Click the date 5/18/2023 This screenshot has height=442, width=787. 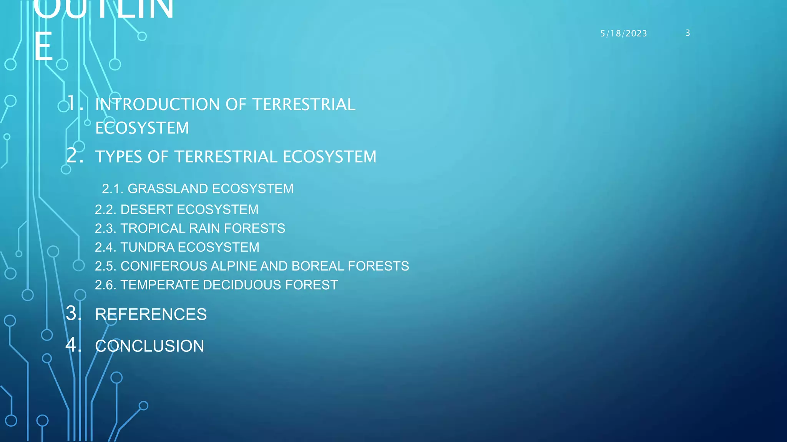click(623, 34)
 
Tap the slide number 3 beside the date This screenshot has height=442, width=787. click(687, 33)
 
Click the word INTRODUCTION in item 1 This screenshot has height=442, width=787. click(158, 104)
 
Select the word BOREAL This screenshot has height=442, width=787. click(318, 266)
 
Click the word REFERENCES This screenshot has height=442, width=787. click(151, 314)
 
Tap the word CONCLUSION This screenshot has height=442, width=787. click(149, 346)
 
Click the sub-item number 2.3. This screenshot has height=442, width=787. click(105, 229)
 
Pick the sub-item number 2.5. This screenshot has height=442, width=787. click(105, 266)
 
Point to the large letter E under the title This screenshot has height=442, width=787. click(43, 47)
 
